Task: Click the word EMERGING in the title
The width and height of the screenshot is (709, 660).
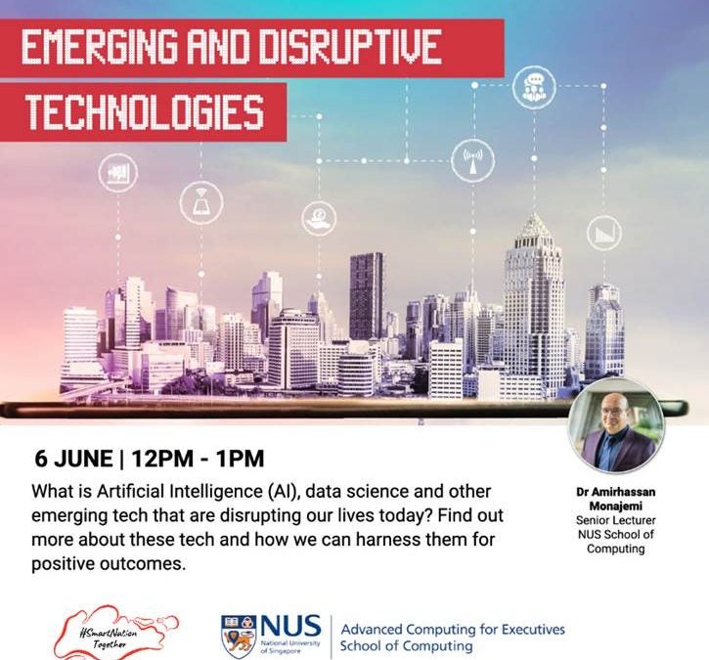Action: [100, 47]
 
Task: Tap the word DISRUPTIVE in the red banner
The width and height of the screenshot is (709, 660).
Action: [349, 47]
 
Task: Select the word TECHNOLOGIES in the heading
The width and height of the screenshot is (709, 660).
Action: [145, 112]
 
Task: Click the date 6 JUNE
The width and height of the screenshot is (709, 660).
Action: [73, 459]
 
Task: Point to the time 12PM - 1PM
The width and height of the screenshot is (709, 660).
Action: [198, 459]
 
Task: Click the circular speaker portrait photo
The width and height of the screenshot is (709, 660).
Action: [616, 426]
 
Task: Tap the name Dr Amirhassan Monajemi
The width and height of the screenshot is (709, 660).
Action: [616, 498]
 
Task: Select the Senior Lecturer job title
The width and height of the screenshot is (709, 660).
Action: [616, 520]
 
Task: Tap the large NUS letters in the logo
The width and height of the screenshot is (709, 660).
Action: [290, 626]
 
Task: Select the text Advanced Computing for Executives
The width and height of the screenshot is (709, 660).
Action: [453, 630]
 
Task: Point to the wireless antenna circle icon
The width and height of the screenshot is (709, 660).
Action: [472, 161]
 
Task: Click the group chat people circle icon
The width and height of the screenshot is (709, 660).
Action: [534, 87]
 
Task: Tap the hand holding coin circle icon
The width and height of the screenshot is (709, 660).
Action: [319, 218]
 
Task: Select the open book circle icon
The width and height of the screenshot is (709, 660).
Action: [201, 202]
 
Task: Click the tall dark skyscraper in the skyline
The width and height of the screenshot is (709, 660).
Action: [366, 296]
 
